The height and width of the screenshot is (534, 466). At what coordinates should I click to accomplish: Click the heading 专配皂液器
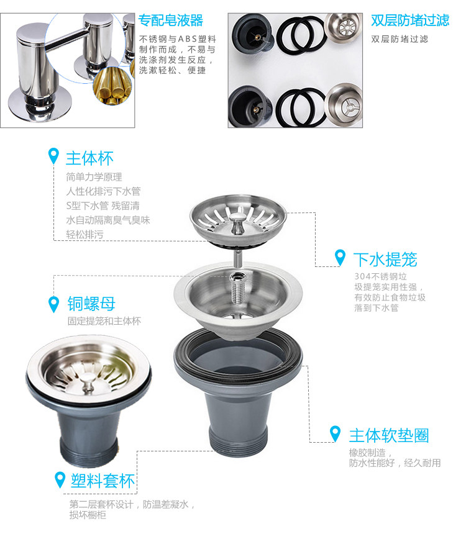tap(170, 21)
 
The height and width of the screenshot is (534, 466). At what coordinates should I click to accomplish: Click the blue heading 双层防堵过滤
tap(409, 21)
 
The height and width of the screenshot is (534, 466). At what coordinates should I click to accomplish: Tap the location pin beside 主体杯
tap(54, 156)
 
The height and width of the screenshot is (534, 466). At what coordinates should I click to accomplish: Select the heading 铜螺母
tap(91, 304)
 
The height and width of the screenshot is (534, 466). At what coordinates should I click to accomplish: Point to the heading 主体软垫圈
tap(388, 435)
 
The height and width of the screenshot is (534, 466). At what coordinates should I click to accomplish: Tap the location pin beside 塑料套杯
tap(60, 479)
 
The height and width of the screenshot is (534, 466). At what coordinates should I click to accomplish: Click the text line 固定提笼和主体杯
tap(104, 321)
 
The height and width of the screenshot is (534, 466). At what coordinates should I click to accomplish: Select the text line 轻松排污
tap(85, 235)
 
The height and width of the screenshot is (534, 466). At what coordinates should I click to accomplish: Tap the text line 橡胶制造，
tap(367, 453)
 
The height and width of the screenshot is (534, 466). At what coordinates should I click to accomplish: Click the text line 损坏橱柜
tap(87, 515)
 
